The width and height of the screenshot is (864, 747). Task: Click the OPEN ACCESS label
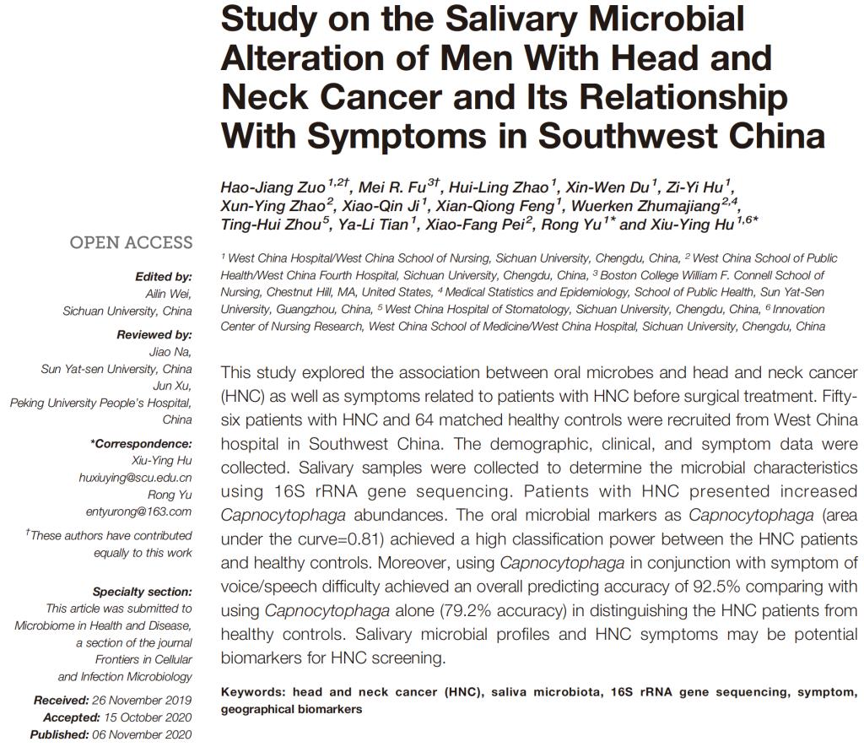coord(131,243)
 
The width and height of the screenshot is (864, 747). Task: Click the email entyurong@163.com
coord(138,512)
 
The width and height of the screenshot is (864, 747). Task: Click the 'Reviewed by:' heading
coord(154,335)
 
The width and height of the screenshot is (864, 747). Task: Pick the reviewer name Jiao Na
coord(171,352)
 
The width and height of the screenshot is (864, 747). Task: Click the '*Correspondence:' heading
coord(141,444)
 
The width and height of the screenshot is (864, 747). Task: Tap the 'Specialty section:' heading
coord(142,592)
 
